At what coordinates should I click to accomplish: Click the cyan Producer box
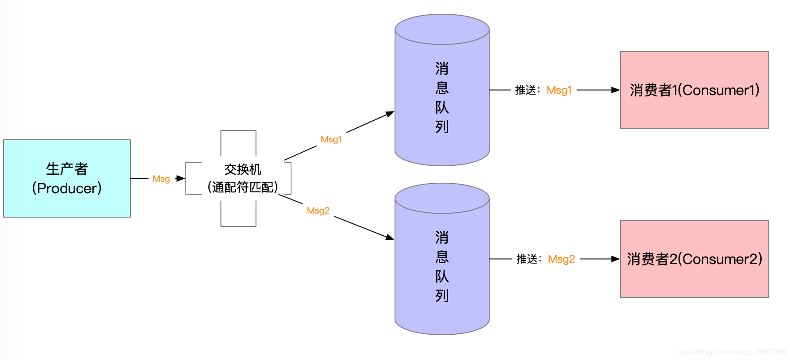point(67,178)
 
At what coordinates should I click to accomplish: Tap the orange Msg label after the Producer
point(161,179)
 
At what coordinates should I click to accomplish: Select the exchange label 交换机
point(242,169)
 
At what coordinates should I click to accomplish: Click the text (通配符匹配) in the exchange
point(242,187)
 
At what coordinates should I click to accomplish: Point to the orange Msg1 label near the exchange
point(331,139)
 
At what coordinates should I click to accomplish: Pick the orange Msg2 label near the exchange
point(318,211)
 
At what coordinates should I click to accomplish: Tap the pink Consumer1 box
point(694,90)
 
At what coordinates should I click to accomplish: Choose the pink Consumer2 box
point(694,259)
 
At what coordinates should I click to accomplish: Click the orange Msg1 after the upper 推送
point(559,90)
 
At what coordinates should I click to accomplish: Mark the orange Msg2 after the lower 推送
point(561,259)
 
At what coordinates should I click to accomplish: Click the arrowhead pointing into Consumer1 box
point(615,90)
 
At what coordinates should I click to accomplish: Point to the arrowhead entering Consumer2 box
point(615,259)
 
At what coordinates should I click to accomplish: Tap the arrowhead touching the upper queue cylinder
point(390,114)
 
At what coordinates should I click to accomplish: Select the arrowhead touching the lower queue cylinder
point(390,237)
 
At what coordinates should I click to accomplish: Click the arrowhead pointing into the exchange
point(180,179)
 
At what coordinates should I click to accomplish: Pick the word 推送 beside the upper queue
point(525,90)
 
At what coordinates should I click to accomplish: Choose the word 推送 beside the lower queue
point(527,259)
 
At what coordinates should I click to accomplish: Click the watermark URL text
point(732,352)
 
